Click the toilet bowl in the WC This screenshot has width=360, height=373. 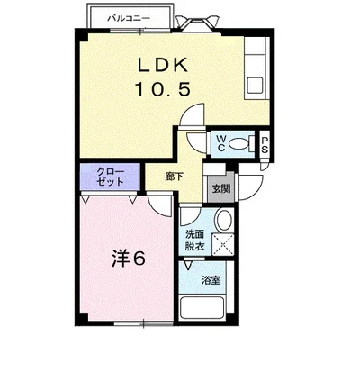[238, 143]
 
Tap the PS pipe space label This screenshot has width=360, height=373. [265, 143]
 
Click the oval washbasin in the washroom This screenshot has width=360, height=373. [223, 221]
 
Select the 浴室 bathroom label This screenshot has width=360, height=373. [211, 280]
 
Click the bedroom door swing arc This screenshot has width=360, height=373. [159, 205]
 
